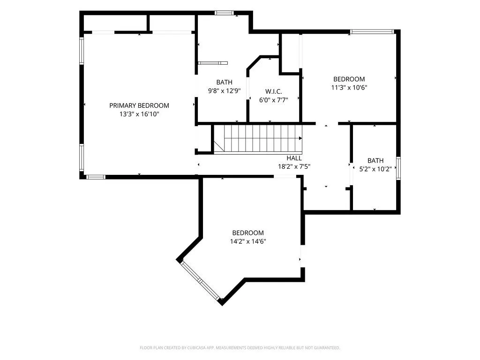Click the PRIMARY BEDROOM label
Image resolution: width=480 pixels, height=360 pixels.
coord(139,105)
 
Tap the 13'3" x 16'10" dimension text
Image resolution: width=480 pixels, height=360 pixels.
coord(139,114)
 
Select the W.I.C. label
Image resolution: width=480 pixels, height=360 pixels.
coord(274,91)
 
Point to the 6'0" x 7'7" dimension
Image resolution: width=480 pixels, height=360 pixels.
coord(274,100)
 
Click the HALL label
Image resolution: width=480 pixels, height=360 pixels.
coord(294,158)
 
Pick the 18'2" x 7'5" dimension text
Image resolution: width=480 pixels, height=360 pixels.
coord(294,167)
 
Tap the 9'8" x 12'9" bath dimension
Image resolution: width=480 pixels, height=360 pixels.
coord(225,91)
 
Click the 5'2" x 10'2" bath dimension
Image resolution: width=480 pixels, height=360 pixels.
coord(375,169)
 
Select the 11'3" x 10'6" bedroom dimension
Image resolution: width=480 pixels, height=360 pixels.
coord(349,88)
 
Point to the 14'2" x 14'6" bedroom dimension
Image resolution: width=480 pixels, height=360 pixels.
coord(248,241)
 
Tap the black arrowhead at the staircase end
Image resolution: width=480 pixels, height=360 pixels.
coord(300,138)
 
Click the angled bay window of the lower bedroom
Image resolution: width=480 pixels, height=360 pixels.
coord(200,280)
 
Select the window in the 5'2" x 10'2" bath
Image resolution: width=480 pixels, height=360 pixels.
coord(398,168)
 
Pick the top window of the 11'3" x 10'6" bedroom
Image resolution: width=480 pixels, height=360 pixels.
coord(372,31)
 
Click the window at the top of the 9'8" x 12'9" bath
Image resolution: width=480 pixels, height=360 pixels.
coord(224,13)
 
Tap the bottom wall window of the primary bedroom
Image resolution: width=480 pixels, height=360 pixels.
coord(96,177)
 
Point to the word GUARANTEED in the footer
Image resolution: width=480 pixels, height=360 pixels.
coord(328,348)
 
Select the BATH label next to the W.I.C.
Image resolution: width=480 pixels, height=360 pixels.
coord(225,82)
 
